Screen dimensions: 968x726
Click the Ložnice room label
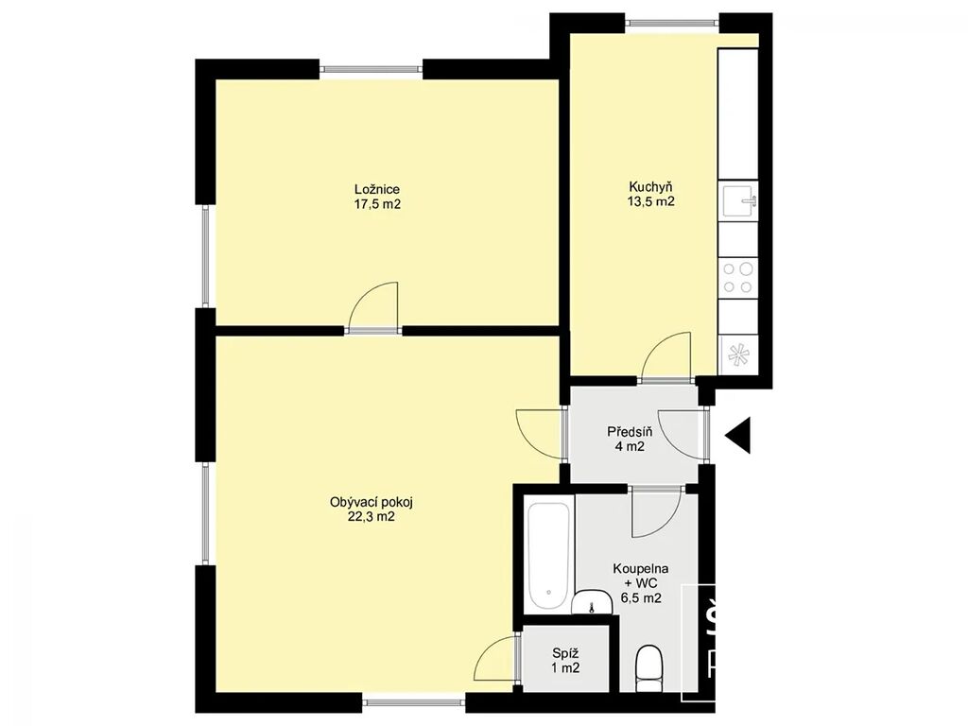coord(376,189)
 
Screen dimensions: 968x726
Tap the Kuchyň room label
coord(650,186)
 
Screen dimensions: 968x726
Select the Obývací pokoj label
coord(371,502)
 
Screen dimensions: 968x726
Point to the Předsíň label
coord(630,431)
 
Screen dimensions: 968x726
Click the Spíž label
coord(565,653)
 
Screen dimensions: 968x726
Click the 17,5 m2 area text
coord(377,204)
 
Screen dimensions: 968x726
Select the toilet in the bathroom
coord(648,668)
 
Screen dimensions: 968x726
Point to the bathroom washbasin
coord(592,602)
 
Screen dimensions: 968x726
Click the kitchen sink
coord(737,201)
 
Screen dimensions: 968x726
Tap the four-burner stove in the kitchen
coord(737,278)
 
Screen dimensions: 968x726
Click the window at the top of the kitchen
coord(672,24)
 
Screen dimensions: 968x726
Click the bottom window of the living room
coord(413,702)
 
